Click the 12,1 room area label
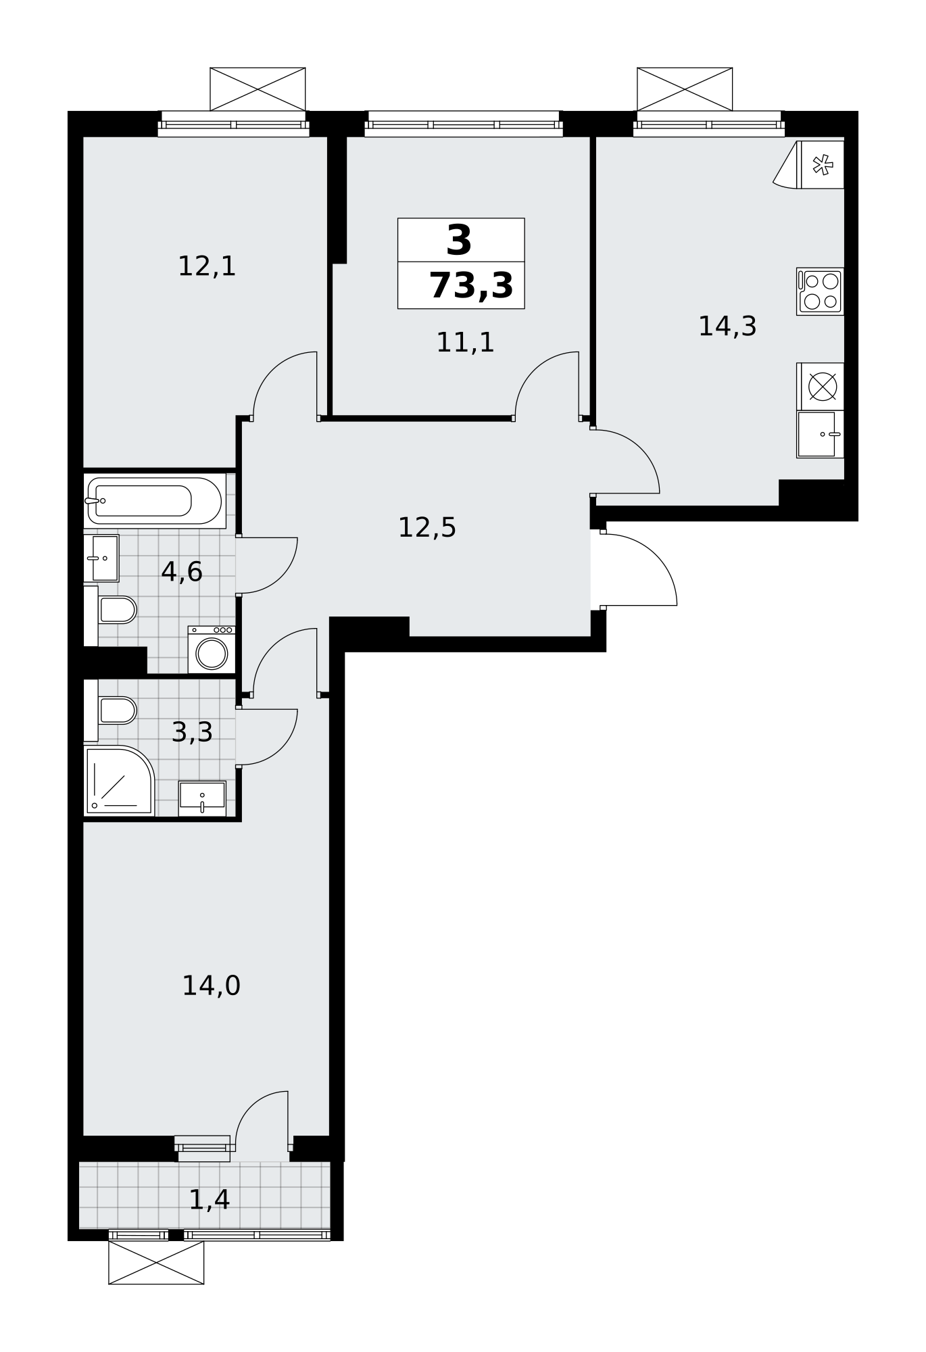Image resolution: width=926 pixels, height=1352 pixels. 207,266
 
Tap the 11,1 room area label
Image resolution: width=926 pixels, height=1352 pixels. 465,342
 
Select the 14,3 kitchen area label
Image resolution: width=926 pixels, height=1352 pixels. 727,327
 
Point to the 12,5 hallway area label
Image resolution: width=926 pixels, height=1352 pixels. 427,527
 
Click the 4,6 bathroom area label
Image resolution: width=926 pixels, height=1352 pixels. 182,572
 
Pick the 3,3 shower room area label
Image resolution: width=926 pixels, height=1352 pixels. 192,732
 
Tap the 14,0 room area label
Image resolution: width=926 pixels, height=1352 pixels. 212,986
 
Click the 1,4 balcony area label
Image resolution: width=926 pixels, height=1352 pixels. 210,1200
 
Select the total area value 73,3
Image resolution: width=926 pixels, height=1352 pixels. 471,285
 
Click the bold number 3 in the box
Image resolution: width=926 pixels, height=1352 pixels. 460,240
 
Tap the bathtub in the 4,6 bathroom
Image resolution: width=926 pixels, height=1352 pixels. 155,501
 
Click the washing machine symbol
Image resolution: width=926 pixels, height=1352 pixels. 212,650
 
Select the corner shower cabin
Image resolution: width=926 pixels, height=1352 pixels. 119,780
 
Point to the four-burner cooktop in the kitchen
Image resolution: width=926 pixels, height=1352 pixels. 820,291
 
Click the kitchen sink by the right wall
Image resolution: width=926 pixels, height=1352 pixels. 820,434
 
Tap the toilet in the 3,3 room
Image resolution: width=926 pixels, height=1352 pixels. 111,710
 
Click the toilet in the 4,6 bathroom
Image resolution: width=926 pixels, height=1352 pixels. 111,610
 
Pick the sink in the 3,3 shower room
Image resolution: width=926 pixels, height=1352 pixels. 202,798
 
